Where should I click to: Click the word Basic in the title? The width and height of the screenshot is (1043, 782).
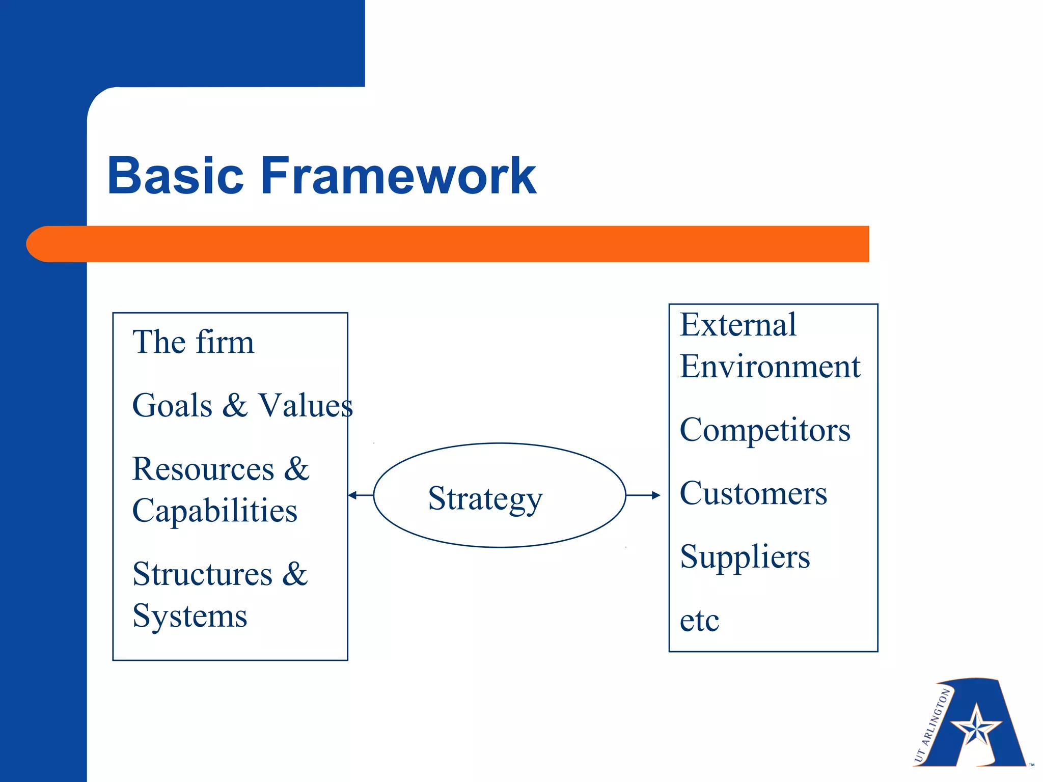click(x=175, y=176)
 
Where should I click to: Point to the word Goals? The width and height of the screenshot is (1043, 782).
click(x=172, y=406)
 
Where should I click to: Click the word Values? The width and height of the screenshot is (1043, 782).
click(x=306, y=406)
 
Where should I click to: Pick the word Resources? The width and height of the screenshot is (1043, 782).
click(x=203, y=469)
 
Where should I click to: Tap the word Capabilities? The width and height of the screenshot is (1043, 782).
click(x=214, y=511)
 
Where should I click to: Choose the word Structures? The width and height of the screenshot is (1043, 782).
click(x=202, y=574)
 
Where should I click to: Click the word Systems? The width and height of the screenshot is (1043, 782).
click(x=189, y=616)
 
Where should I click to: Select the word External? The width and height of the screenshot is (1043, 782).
click(x=738, y=325)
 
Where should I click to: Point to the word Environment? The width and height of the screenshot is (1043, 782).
click(x=770, y=367)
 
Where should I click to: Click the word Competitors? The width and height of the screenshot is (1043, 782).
click(x=765, y=430)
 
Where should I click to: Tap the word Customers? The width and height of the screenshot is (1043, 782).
click(x=753, y=493)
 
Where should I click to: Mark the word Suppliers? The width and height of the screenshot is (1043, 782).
click(x=745, y=557)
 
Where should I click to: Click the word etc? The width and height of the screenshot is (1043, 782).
click(x=699, y=621)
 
